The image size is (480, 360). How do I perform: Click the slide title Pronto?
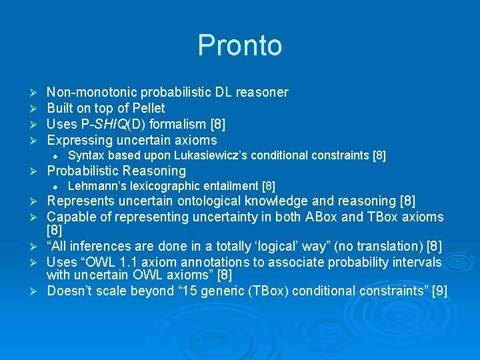coord(239,45)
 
